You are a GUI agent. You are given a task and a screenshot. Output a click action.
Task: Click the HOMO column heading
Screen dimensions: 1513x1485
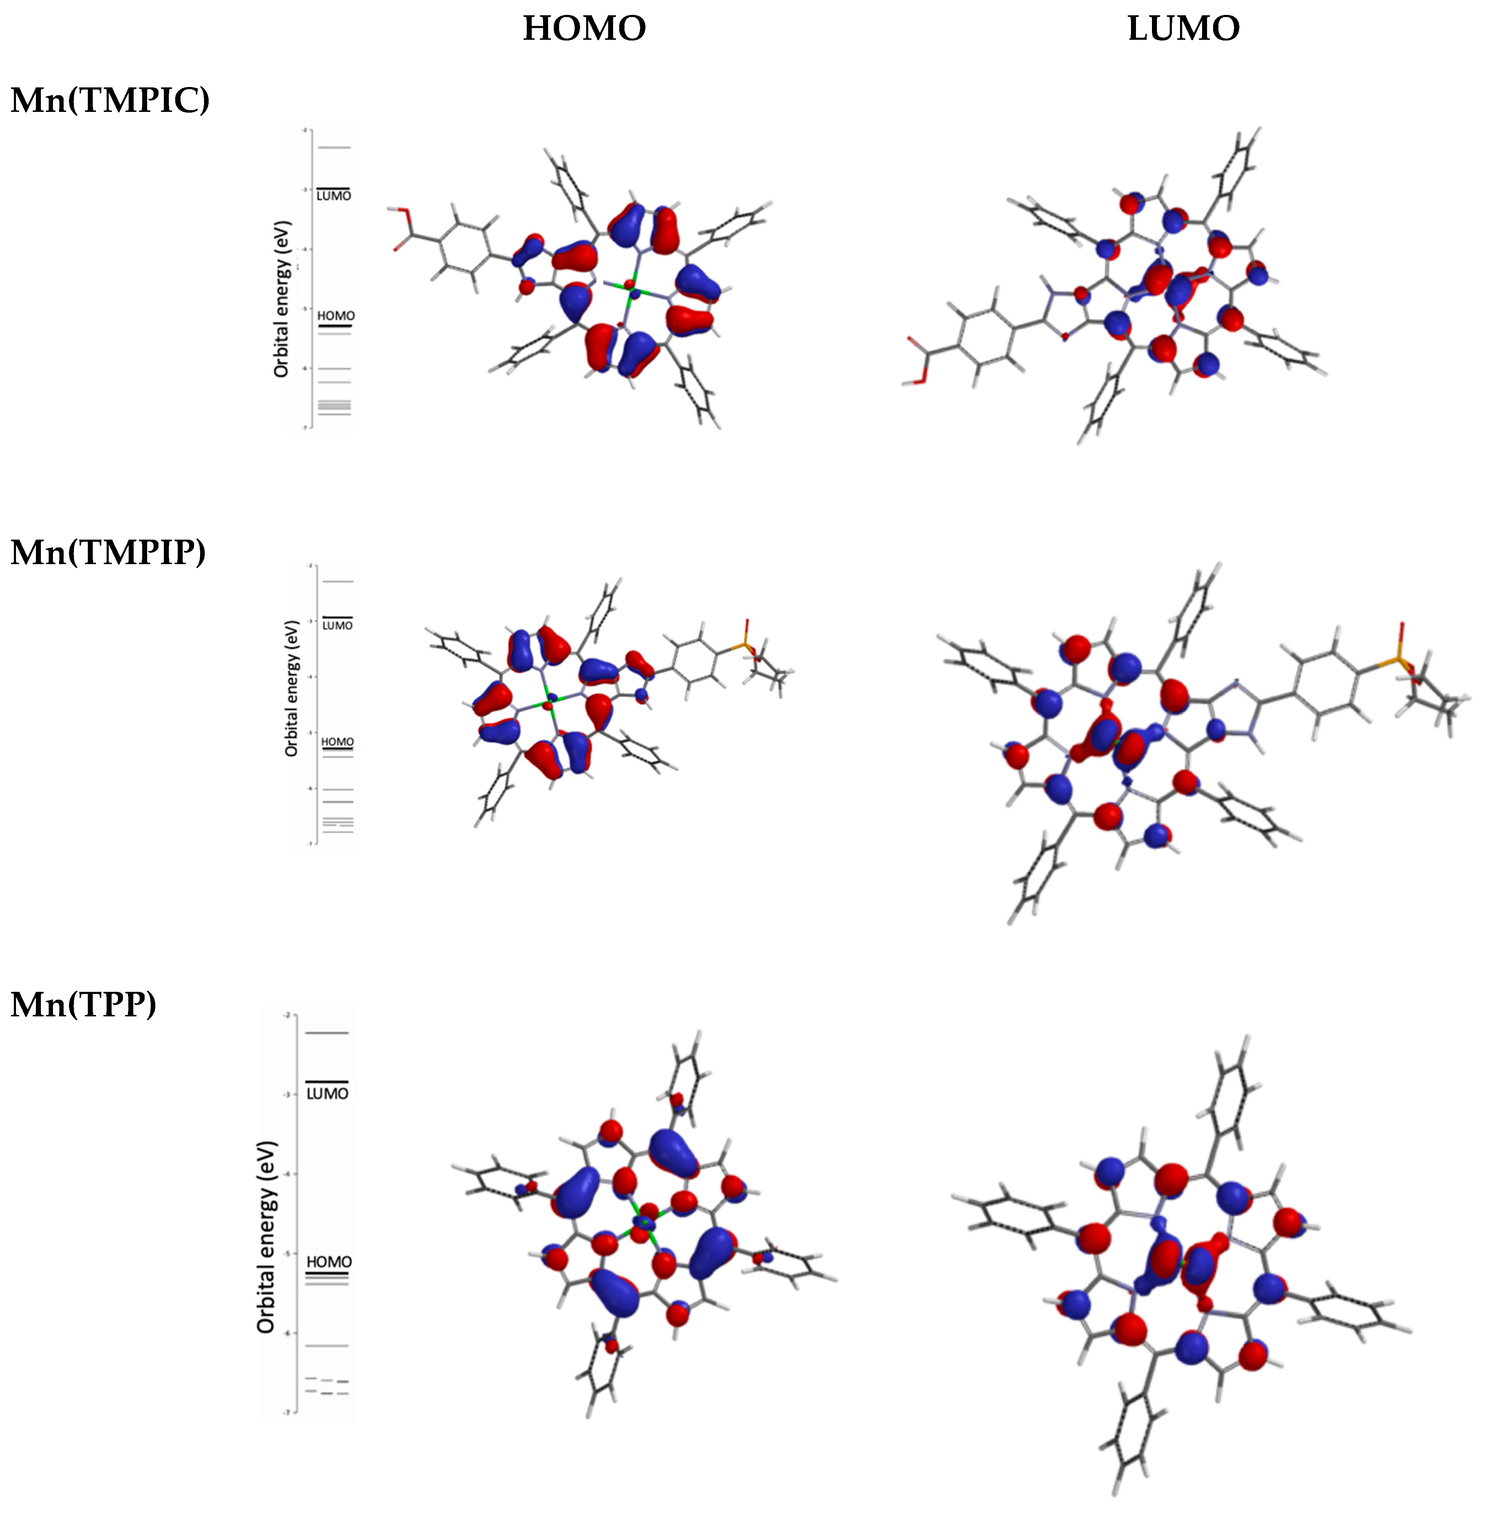click(x=584, y=29)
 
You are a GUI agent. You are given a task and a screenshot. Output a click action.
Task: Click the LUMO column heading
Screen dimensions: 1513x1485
click(x=1183, y=29)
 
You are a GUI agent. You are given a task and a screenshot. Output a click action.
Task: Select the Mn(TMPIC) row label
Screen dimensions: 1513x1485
click(x=110, y=101)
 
